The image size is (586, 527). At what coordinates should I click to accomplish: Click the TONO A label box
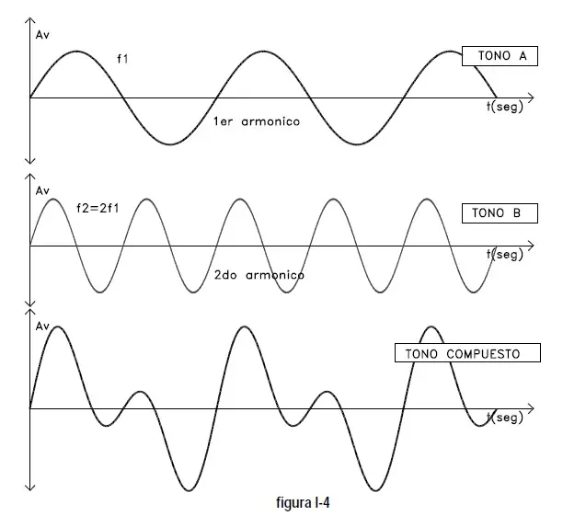tap(500, 56)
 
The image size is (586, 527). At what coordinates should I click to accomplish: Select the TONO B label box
tap(500, 213)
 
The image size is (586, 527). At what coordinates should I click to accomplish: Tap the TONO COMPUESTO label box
tap(467, 353)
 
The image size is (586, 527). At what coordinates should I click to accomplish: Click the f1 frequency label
tap(122, 59)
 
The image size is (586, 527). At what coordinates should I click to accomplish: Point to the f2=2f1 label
tap(98, 208)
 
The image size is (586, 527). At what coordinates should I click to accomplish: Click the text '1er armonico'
tap(257, 121)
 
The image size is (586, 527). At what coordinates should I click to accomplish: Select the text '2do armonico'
tap(259, 275)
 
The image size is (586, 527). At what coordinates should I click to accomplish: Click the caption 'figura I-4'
tap(303, 503)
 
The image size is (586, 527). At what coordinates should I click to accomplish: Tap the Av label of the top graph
tap(42, 35)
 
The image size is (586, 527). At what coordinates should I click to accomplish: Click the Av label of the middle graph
tap(42, 191)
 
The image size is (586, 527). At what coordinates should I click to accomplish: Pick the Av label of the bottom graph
tap(42, 327)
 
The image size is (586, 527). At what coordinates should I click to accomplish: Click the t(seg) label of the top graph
tap(504, 107)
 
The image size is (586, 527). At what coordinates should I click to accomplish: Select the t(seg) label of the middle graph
tap(504, 255)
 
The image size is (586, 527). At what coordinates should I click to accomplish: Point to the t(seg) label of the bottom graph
tap(504, 418)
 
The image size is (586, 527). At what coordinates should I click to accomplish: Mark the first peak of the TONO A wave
tap(76, 52)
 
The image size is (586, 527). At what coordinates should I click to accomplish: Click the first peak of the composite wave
tap(58, 327)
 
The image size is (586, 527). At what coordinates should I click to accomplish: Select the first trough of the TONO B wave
tap(99, 292)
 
